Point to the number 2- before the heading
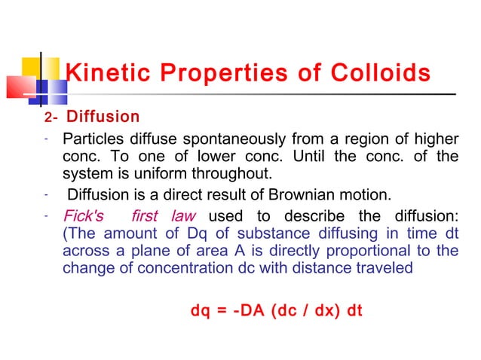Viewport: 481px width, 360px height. pyautogui.click(x=50, y=117)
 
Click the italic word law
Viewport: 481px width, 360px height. pyautogui.click(x=182, y=215)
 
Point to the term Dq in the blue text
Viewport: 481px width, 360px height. pyautogui.click(x=194, y=233)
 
